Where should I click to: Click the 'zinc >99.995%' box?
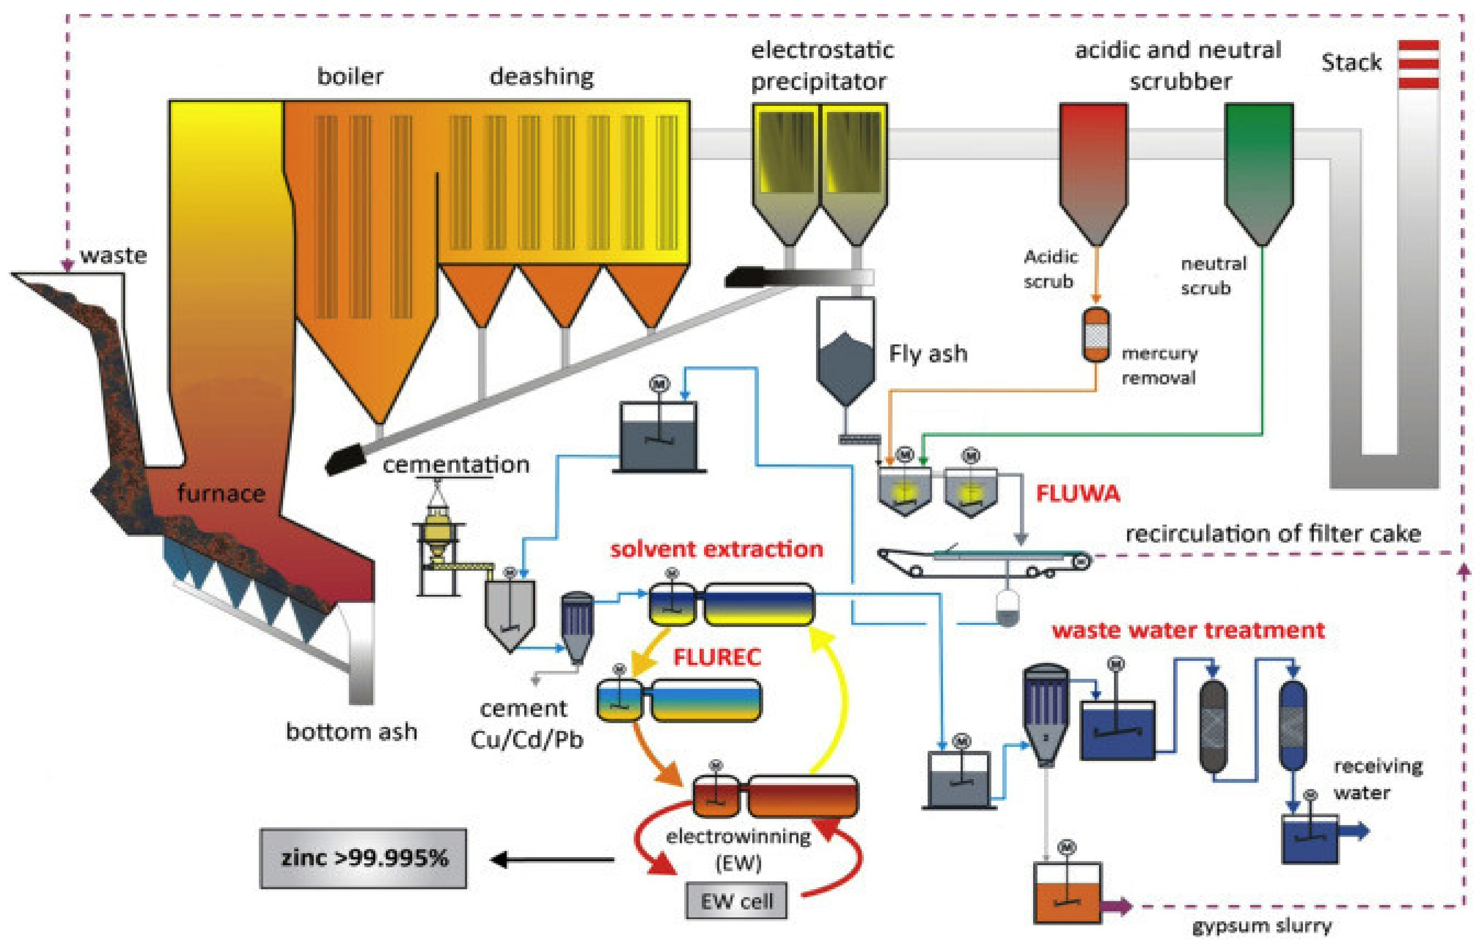[363, 858]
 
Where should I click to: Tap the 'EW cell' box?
[736, 902]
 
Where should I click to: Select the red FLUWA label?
[1077, 493]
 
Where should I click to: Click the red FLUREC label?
[717, 657]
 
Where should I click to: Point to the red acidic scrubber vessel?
[1094, 167]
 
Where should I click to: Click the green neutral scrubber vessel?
[1259, 167]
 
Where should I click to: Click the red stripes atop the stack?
[1418, 64]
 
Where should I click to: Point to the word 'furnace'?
[221, 493]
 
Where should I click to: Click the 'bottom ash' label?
[351, 732]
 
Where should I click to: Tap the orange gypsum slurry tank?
[1068, 900]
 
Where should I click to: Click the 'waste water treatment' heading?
[1188, 630]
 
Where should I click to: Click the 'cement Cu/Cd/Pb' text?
[526, 724]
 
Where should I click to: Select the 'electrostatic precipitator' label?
[821, 65]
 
